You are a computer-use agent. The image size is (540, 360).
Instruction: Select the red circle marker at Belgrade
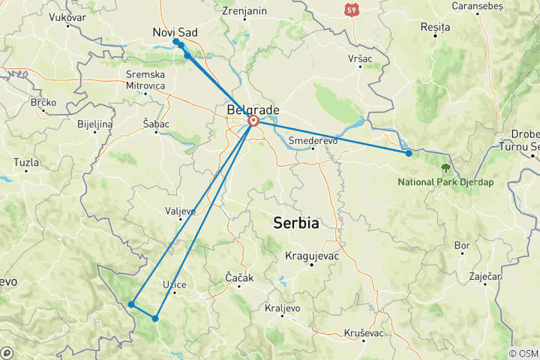point(253,121)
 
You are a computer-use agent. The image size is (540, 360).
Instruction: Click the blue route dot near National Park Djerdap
point(409,153)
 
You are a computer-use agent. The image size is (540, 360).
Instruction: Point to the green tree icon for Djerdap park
point(446,167)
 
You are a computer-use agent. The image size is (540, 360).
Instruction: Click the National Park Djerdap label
point(445,182)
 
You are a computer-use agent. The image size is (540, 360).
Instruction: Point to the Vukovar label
point(67,16)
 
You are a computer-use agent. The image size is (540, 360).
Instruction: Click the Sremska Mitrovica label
point(145,80)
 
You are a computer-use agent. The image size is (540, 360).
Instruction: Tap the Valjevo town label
point(181,211)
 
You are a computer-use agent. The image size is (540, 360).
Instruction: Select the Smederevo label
point(313,140)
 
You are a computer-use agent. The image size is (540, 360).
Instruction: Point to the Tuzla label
point(26,162)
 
